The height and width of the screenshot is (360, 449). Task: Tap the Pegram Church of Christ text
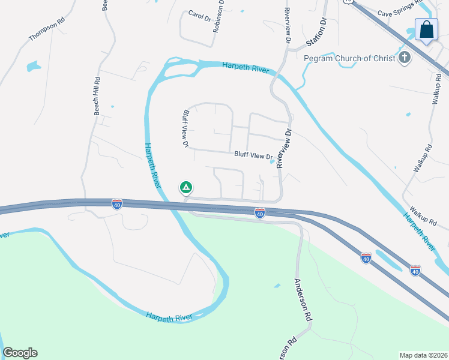pyautogui.click(x=349, y=58)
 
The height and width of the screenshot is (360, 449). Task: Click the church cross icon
pyautogui.click(x=405, y=58)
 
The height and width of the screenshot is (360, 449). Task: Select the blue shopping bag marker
pyautogui.click(x=426, y=29)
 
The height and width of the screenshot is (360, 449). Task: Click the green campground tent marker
pyautogui.click(x=186, y=188)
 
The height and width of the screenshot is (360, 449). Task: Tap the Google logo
pyautogui.click(x=20, y=353)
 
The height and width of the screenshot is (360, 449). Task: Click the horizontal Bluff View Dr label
pyautogui.click(x=253, y=155)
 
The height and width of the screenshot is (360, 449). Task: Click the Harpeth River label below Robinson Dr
pyautogui.click(x=245, y=67)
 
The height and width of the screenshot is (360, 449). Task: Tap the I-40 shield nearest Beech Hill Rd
pyautogui.click(x=117, y=204)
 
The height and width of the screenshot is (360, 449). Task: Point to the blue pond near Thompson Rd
pyautogui.click(x=32, y=66)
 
